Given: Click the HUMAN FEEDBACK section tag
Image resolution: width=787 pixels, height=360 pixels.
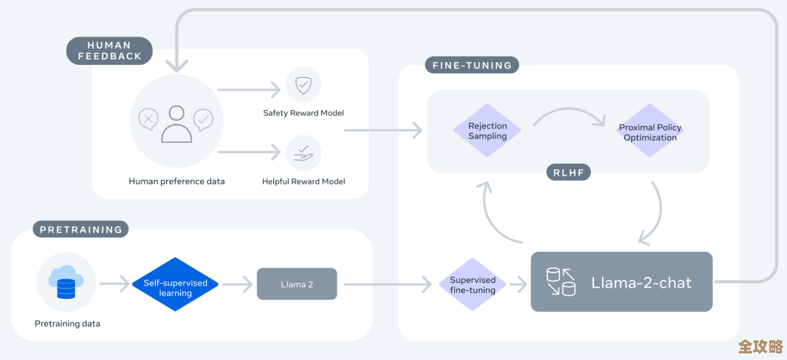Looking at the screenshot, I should coord(109,50).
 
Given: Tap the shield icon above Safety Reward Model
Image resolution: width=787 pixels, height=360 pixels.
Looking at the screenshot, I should coord(303,85).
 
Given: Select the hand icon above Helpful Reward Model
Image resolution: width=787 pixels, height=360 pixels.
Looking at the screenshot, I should coord(303,152).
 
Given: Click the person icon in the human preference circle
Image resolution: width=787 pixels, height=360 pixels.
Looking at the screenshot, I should coord(176,123).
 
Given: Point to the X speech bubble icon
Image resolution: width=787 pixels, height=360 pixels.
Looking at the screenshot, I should coord(149,118).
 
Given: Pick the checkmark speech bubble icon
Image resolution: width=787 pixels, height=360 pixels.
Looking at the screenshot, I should coord(203,118).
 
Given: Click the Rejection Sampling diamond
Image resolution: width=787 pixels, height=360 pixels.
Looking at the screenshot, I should coord(488,131).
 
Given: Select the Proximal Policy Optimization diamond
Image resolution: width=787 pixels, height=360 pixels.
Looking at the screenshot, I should coord(650,132).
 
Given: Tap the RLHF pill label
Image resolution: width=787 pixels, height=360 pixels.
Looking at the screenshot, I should coord(568,173).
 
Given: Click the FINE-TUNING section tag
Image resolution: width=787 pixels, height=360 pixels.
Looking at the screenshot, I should coord(472,65).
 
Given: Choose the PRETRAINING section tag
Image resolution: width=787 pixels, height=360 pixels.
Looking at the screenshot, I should coord(81,230).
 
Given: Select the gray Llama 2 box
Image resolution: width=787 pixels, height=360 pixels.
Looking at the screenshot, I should coord(297,284).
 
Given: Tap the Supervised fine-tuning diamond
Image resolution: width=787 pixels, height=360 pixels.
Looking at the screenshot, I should coord(472,285).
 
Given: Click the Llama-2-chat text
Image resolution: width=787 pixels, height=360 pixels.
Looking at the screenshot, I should coord(641,282).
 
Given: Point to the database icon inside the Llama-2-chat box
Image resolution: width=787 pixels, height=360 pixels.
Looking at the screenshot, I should coord(560,282).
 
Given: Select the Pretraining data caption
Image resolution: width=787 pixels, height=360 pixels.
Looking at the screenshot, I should coord(67,323).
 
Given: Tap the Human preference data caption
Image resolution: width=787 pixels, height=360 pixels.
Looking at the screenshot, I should coord(176,181).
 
